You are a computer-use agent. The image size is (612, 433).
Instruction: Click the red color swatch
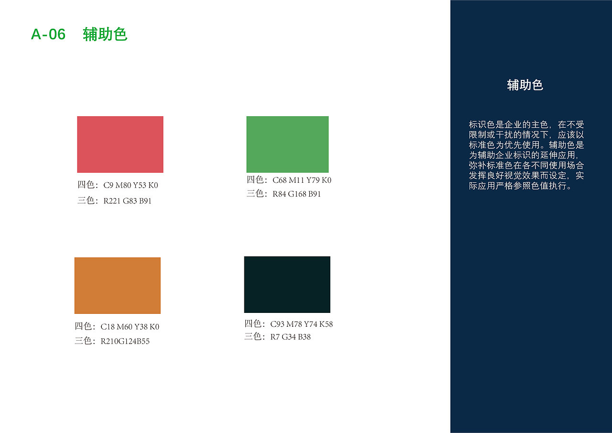click(x=120, y=144)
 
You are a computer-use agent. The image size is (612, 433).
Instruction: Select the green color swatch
click(x=287, y=144)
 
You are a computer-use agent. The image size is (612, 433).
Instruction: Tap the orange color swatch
click(x=118, y=286)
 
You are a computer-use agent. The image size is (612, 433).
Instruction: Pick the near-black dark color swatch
click(x=287, y=284)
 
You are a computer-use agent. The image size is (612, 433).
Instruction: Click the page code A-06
click(x=48, y=34)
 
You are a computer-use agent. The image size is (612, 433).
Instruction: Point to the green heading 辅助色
click(x=105, y=34)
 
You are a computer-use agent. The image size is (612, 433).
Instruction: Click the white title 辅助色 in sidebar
click(x=525, y=85)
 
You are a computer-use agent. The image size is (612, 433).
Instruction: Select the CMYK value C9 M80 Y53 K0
click(x=131, y=186)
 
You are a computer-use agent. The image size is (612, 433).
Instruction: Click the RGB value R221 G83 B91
click(x=127, y=201)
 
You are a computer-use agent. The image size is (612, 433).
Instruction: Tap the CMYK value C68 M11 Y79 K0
click(x=302, y=180)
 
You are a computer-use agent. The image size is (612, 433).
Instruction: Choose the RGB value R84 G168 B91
click(x=296, y=194)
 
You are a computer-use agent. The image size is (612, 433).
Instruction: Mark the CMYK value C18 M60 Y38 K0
click(x=130, y=327)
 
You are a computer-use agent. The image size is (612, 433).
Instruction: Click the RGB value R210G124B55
click(x=125, y=342)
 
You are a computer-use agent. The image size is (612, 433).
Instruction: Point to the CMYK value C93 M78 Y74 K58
click(x=301, y=324)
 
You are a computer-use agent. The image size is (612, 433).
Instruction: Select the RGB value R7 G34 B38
click(x=290, y=337)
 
